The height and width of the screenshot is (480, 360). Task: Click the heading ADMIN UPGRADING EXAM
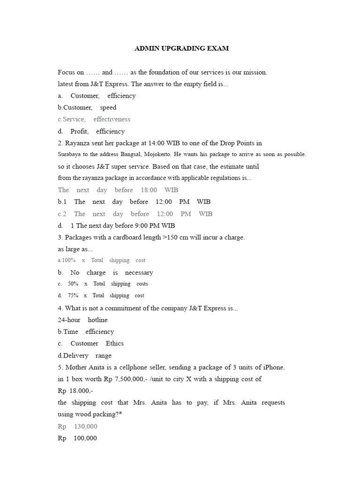[x=181, y=48]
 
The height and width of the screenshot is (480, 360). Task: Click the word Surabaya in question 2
[x=69, y=154]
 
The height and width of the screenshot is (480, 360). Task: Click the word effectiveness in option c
[x=112, y=119]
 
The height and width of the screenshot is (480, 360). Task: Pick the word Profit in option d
[x=79, y=131]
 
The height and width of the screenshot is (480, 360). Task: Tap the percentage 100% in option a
[x=68, y=260]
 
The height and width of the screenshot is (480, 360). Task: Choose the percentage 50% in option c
[x=73, y=284]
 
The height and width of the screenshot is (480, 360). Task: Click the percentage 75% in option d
[x=73, y=296]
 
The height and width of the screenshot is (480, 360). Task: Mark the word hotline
[x=97, y=320]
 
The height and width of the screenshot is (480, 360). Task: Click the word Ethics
[x=115, y=343]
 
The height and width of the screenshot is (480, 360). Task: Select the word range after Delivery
[x=103, y=355]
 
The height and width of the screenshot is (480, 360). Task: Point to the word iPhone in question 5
[x=273, y=367]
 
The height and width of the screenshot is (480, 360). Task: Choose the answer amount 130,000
[x=85, y=427]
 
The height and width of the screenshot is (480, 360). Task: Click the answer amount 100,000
[x=85, y=438]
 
